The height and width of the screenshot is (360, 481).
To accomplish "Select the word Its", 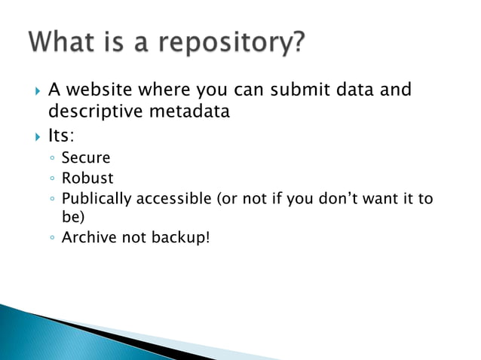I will click(60, 137).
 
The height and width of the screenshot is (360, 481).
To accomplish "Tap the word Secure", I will click(85, 158).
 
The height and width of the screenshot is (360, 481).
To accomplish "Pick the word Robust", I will click(87, 178).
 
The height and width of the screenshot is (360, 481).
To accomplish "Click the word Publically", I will click(97, 199).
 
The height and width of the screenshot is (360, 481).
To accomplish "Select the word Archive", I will click(87, 239).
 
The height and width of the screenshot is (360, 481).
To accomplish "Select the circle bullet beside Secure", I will click(50, 159).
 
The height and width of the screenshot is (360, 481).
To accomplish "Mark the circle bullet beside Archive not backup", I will click(50, 240).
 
